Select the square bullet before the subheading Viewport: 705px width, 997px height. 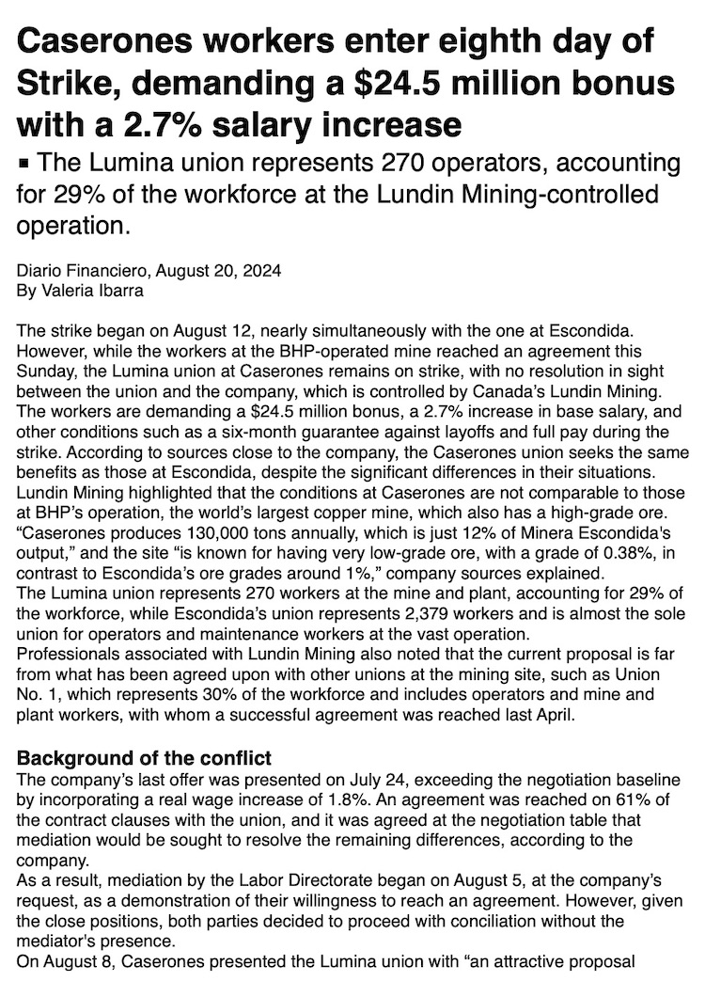[x=23, y=164]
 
